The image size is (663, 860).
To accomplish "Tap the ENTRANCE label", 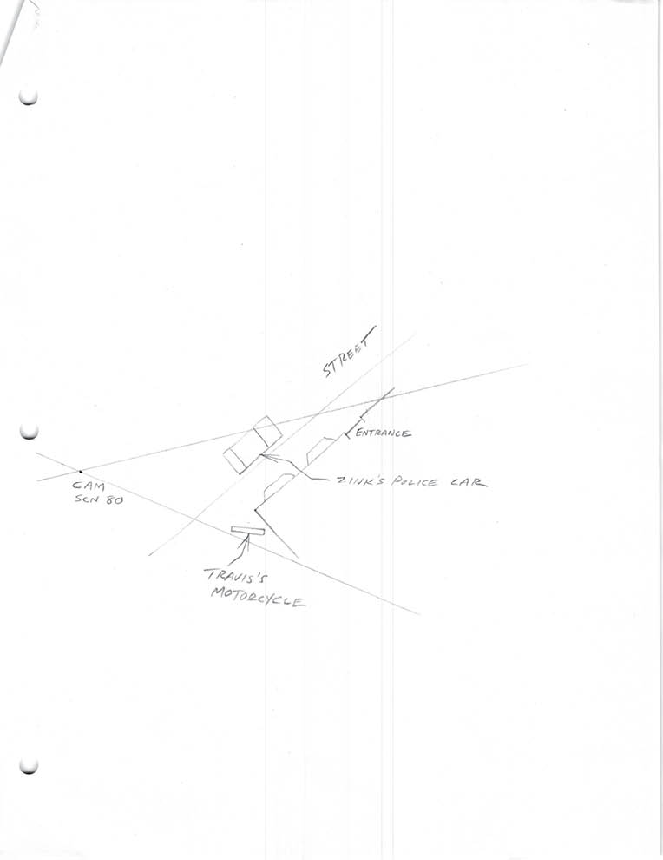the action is (x=383, y=433).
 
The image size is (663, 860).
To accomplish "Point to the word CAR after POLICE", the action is (x=469, y=482).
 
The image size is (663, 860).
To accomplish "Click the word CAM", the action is (x=88, y=486).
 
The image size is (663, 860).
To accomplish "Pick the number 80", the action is (x=115, y=500).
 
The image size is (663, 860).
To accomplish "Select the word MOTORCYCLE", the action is (x=258, y=597).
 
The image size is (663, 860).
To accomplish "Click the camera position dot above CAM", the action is (x=81, y=471).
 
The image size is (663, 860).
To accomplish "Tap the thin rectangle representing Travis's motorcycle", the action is (x=247, y=531).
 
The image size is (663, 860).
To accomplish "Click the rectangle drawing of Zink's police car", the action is (x=253, y=444).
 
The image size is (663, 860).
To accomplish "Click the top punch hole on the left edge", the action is (x=28, y=97).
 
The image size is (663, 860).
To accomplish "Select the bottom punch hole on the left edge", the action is (x=29, y=766).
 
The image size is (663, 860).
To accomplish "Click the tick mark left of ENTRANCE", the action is (x=347, y=436).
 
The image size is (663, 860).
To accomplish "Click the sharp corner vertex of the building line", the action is (x=255, y=510).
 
